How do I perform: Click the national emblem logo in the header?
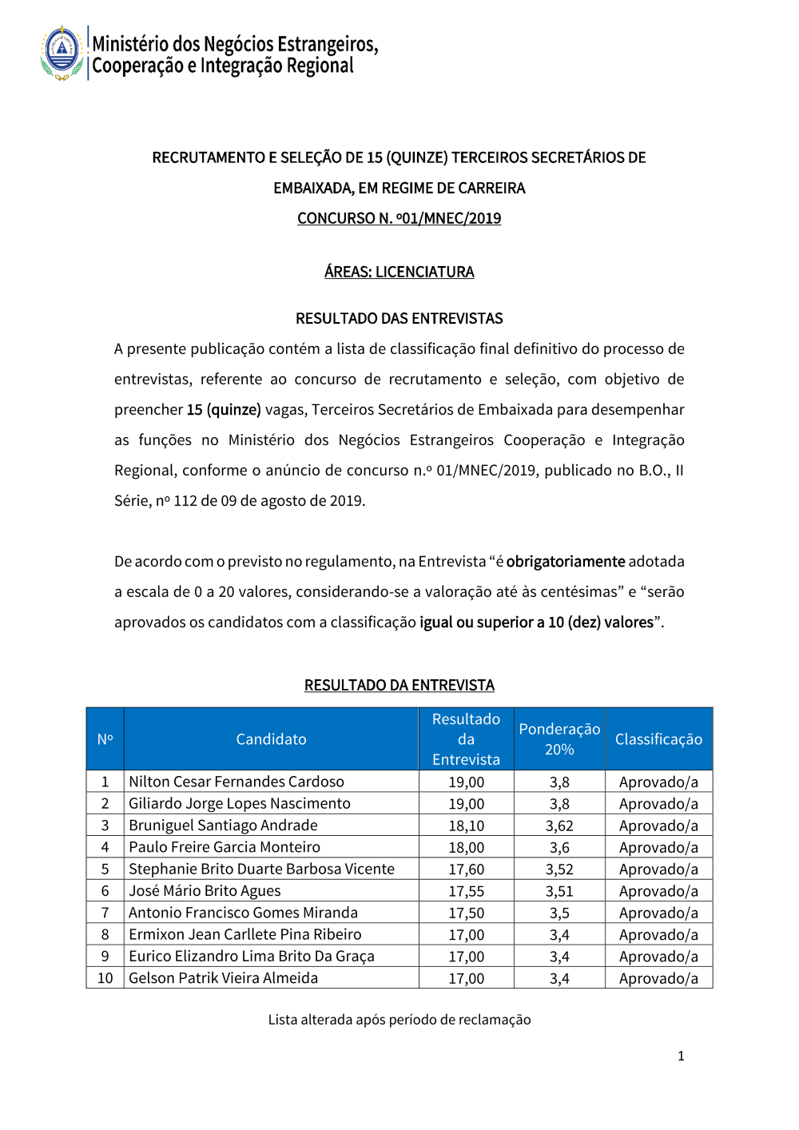pos(62,53)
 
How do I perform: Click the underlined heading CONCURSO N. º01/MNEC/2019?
pos(399,218)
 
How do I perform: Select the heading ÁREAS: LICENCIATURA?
pos(399,272)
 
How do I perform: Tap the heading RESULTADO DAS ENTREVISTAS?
pos(399,318)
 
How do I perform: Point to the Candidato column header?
pos(271,739)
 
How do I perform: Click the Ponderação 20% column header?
pos(559,739)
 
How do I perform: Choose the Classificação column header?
pos(658,739)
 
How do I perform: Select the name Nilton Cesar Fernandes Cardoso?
pos(237,782)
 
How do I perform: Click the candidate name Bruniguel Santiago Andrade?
pos(223,826)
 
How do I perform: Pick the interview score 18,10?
pos(466,826)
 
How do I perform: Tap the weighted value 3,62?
pos(559,826)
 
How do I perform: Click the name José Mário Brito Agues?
pos(205,891)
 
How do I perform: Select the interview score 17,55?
pos(466,891)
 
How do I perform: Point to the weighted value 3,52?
pos(559,869)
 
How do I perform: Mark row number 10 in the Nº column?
pos(105,978)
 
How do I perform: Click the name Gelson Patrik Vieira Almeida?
pos(223,978)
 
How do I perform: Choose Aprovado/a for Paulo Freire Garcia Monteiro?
pos(658,848)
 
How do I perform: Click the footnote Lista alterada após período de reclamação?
pos(399,1020)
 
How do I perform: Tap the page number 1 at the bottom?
pos(681,1056)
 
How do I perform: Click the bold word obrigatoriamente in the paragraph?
pos(566,561)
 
